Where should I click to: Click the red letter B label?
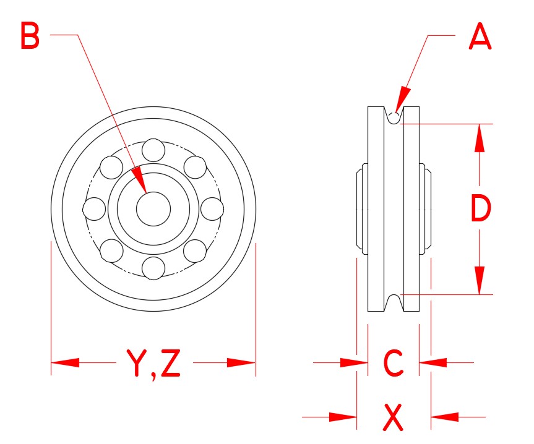point(30,36)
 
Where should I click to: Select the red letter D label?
point(481,209)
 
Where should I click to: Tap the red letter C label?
point(394,364)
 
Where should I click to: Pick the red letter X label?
point(394,418)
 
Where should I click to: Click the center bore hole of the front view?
point(153,209)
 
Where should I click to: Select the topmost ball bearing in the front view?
point(153,150)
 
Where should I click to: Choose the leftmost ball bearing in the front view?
point(95,209)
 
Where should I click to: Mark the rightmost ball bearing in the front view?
point(212,209)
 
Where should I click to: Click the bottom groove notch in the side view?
point(394,302)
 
